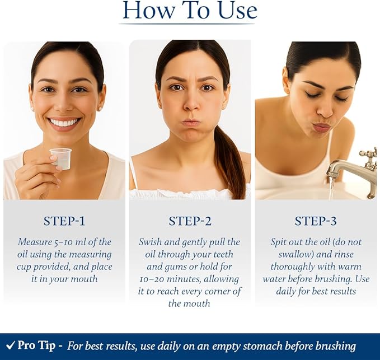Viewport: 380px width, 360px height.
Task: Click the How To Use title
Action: click(x=190, y=11)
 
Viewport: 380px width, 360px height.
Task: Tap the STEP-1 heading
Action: click(x=64, y=221)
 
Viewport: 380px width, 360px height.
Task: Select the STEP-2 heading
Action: click(x=190, y=221)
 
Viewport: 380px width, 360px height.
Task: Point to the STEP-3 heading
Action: click(x=316, y=221)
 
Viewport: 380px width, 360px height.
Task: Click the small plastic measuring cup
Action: click(x=61, y=158)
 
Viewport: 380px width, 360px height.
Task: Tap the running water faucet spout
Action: click(x=344, y=169)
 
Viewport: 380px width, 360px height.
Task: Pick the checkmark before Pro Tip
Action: click(x=10, y=345)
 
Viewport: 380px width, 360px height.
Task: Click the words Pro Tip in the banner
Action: click(x=36, y=345)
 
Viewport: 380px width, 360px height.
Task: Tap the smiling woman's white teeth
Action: click(x=65, y=122)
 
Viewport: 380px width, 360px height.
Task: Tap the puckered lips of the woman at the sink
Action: click(x=322, y=127)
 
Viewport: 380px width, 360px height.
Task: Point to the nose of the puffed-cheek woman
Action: click(x=191, y=105)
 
